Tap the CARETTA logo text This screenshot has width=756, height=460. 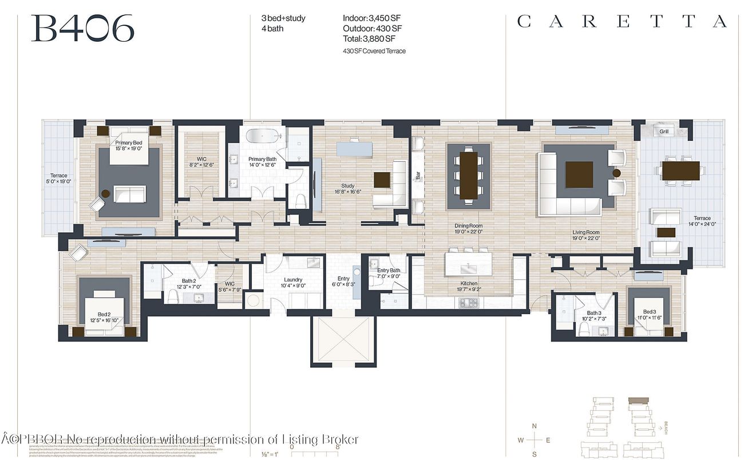pyautogui.click(x=622, y=22)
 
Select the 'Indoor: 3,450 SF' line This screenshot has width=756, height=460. pyautogui.click(x=371, y=18)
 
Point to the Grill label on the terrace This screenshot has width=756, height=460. pyautogui.click(x=664, y=132)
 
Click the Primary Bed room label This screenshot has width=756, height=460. pyautogui.click(x=129, y=143)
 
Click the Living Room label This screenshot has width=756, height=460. pyautogui.click(x=586, y=233)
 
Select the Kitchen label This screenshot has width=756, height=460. pyautogui.click(x=469, y=283)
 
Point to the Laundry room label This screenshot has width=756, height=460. pyautogui.click(x=293, y=280)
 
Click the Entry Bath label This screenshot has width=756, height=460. pyautogui.click(x=389, y=270)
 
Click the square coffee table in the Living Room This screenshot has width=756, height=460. pyautogui.click(x=579, y=175)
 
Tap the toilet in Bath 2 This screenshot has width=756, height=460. pyautogui.click(x=172, y=296)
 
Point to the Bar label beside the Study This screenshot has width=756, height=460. pyautogui.click(x=418, y=175)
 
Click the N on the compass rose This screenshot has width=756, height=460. pyautogui.click(x=534, y=426)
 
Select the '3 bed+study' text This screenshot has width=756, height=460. pyautogui.click(x=283, y=18)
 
